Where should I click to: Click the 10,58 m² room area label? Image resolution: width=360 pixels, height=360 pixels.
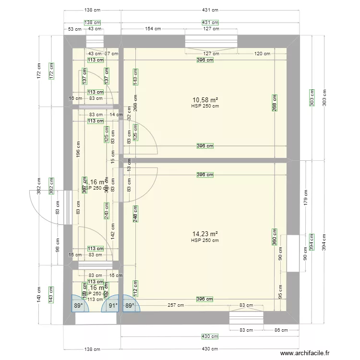click(x=204, y=100)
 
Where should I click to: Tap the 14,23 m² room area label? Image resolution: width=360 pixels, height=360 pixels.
click(x=204, y=234)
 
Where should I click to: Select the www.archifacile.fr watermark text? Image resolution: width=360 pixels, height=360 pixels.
click(x=305, y=353)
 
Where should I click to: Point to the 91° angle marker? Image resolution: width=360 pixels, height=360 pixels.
click(x=112, y=305)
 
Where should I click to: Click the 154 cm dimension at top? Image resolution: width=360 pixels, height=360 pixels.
click(x=153, y=29)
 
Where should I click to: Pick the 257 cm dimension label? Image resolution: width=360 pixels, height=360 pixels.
click(x=175, y=305)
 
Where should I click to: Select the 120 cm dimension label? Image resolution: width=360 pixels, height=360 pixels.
click(x=262, y=54)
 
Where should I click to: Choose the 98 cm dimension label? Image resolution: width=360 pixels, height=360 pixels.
click(x=58, y=245)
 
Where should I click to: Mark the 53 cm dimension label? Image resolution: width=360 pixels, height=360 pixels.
click(x=74, y=29)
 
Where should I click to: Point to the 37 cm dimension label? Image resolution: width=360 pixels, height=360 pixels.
click(x=112, y=54)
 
